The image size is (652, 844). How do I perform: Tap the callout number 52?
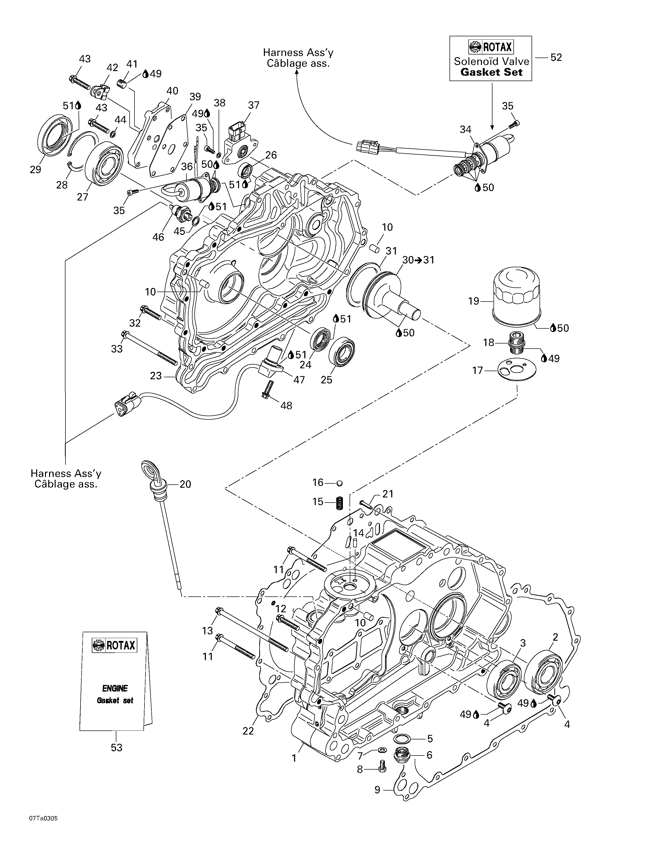556,58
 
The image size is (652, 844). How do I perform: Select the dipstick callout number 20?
185,484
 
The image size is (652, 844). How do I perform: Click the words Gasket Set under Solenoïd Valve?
491,72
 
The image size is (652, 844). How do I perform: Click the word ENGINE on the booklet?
115,688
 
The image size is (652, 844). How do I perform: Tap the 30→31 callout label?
418,260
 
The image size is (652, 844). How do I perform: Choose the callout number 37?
254,105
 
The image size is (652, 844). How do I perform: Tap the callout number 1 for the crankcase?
294,758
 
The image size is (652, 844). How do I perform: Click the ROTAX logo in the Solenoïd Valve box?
491,47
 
